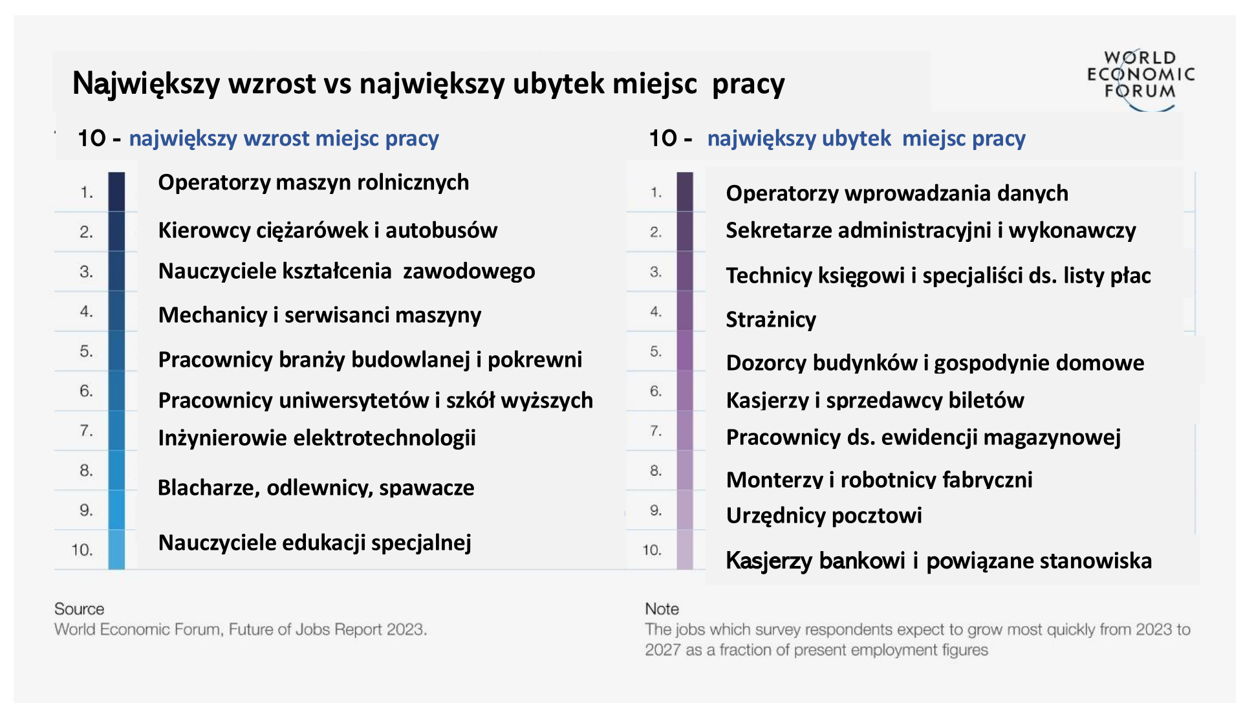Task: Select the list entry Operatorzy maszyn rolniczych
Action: [314, 183]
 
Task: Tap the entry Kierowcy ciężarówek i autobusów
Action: [328, 230]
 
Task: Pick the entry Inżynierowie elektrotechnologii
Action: [317, 438]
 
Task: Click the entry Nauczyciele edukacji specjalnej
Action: [315, 543]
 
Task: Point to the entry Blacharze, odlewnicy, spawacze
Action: [316, 488]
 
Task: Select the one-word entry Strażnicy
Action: [771, 320]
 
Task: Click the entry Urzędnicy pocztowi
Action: [824, 516]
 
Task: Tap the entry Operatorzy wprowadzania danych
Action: [897, 193]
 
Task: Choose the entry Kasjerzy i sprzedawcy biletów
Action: [875, 400]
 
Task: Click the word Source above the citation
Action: [79, 609]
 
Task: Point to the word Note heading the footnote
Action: [662, 609]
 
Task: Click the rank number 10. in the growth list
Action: [82, 550]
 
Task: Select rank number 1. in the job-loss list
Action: [656, 193]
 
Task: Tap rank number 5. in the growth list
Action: [87, 351]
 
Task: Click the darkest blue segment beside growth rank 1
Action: [116, 191]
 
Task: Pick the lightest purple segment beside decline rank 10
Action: [685, 550]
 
